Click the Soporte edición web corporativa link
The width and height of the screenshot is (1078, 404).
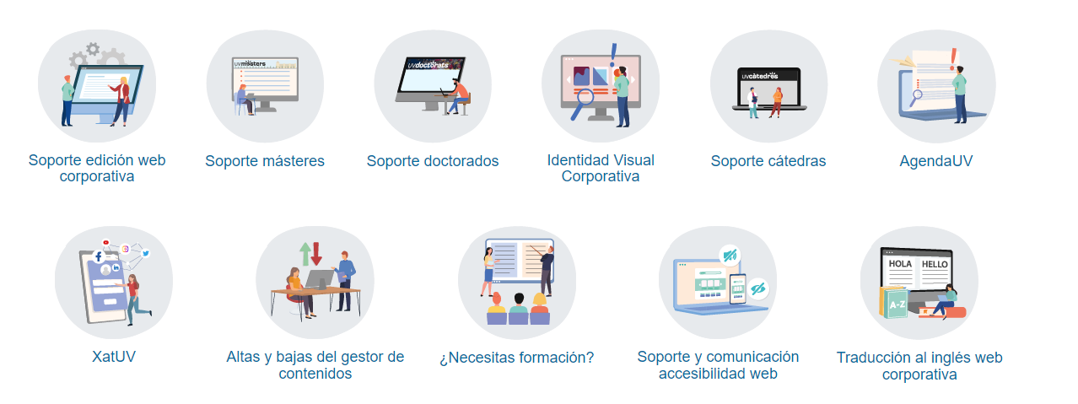coord(97,168)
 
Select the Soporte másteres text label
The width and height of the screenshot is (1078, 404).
coord(265,160)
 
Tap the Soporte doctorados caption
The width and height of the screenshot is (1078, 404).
coord(433,160)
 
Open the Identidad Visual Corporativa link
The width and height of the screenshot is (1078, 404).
coord(601,168)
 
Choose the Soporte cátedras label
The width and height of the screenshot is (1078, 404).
coord(768,160)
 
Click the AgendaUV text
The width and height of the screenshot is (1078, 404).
coord(936,160)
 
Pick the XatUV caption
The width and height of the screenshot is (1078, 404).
coord(114,357)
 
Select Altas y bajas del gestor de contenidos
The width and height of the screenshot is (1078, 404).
coord(315,364)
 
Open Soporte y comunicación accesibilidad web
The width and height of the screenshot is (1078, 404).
coord(718,364)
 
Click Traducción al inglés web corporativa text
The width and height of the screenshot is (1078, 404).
coord(919,365)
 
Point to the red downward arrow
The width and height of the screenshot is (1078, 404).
coord(317,252)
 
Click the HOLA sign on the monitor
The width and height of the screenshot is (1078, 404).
coord(901,264)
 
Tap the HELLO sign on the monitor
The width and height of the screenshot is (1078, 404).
coord(935,264)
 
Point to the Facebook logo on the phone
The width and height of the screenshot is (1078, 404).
coord(98,256)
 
